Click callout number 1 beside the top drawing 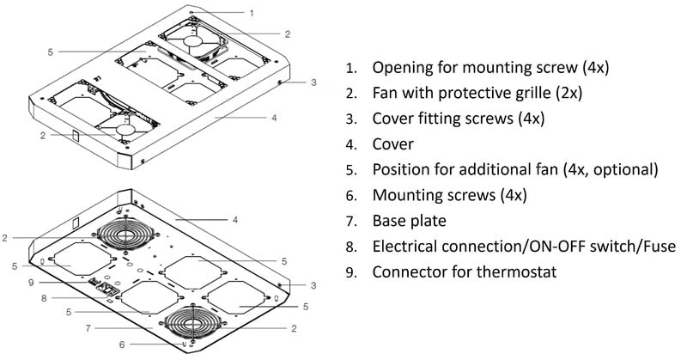(x=252, y=13)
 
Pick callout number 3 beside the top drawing (x=313, y=83)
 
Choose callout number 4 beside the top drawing (x=273, y=117)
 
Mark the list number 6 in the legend (x=350, y=195)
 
